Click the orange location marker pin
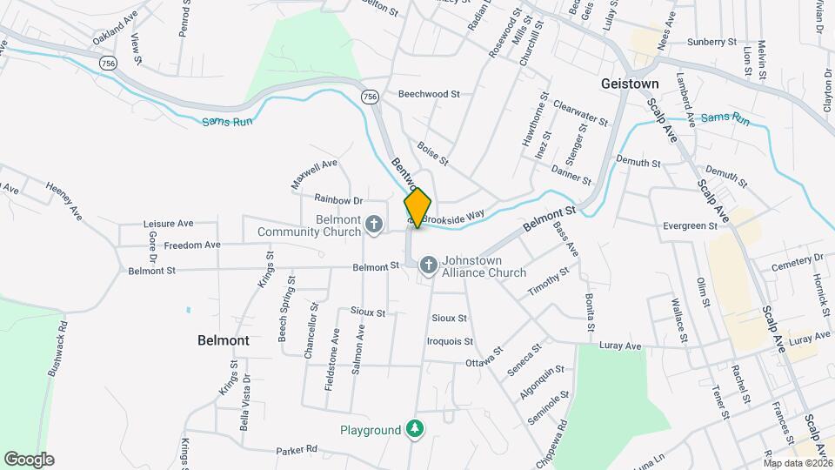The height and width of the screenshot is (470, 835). (417, 207)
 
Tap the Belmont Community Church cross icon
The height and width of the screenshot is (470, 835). (373, 225)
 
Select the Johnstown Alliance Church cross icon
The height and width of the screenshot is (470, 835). (428, 264)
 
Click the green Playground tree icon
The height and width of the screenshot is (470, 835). (416, 430)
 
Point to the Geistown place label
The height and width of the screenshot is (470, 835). (630, 84)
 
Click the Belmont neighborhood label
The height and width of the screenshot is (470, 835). (224, 340)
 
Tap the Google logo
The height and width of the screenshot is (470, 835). (29, 459)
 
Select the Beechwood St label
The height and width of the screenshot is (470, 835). (429, 93)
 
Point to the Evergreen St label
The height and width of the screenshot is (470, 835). (689, 225)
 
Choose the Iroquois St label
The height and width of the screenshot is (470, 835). (450, 341)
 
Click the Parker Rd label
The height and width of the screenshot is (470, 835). (297, 450)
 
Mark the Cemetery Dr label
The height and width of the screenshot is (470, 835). (797, 258)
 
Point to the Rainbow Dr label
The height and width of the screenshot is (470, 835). (338, 199)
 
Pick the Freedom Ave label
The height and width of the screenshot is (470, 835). (191, 245)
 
